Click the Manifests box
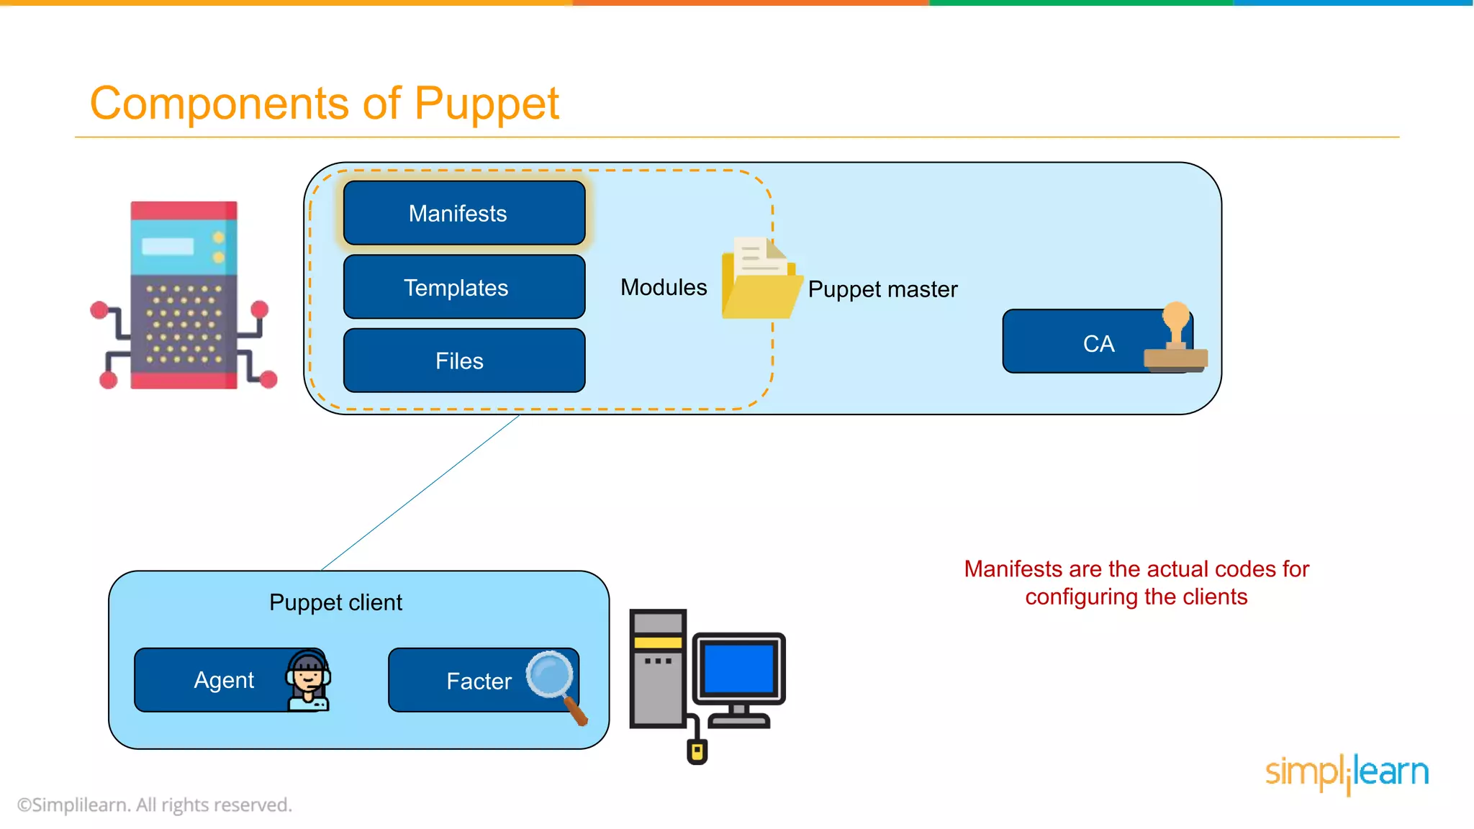coord(464,213)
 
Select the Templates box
coord(464,287)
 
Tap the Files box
coord(464,361)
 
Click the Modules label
coord(664,287)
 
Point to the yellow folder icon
coord(760,281)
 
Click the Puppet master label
coord(882,289)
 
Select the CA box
coord(1080,343)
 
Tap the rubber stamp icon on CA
coord(1176,338)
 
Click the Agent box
coord(216,680)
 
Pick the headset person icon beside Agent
coord(309,681)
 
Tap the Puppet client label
coord(335,602)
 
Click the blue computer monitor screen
coord(738,669)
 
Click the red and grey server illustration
coord(184,295)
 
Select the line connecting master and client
coord(420,492)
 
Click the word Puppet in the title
coord(487,104)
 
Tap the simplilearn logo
coord(1347,773)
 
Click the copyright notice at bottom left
coord(155,805)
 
